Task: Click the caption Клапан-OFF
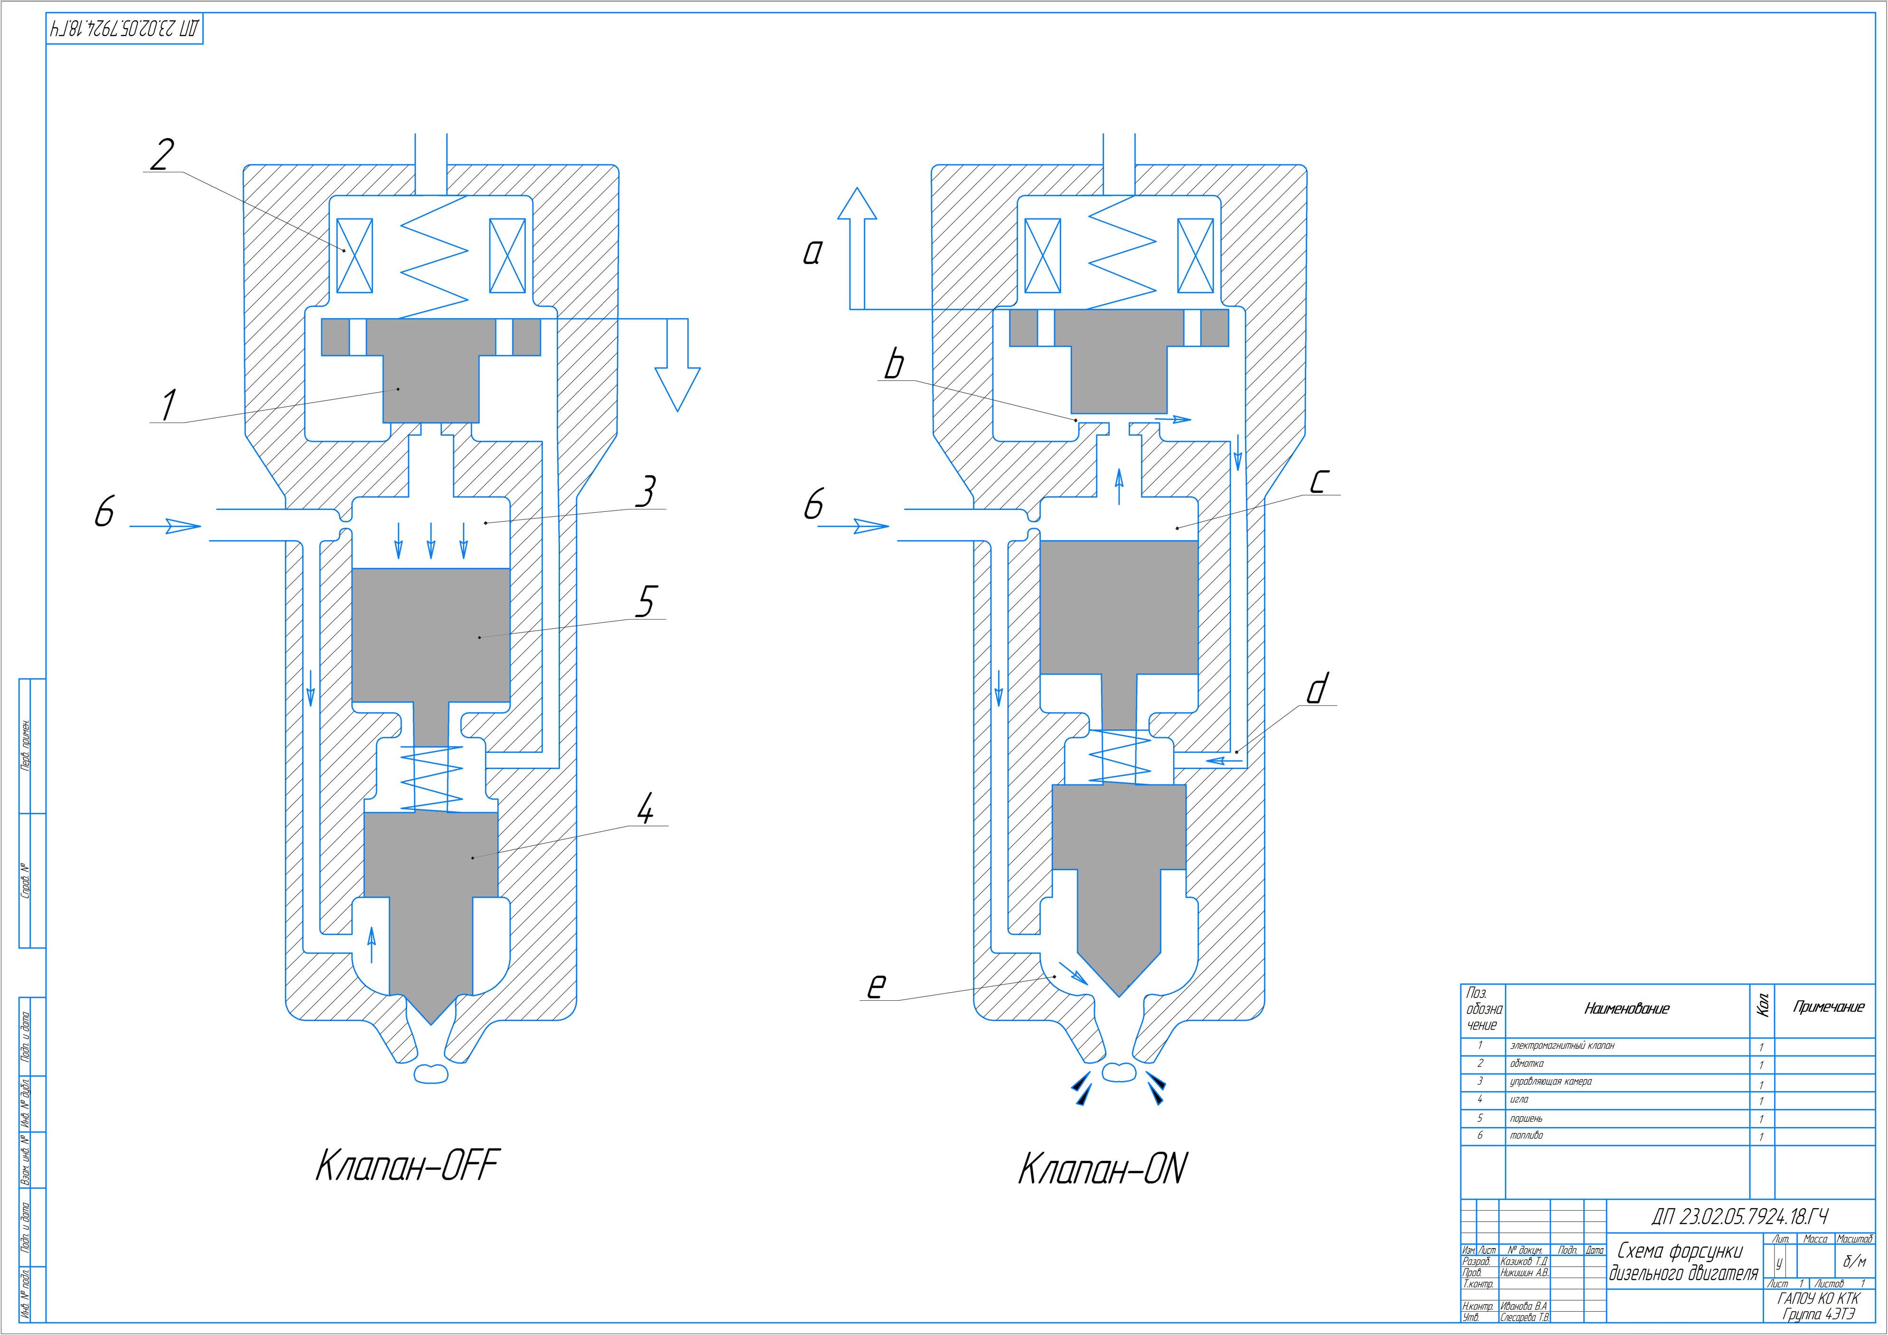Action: click(x=407, y=1166)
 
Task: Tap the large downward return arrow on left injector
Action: click(x=677, y=374)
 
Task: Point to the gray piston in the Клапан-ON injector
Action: click(x=1118, y=609)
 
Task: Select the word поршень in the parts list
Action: click(x=1526, y=1119)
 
